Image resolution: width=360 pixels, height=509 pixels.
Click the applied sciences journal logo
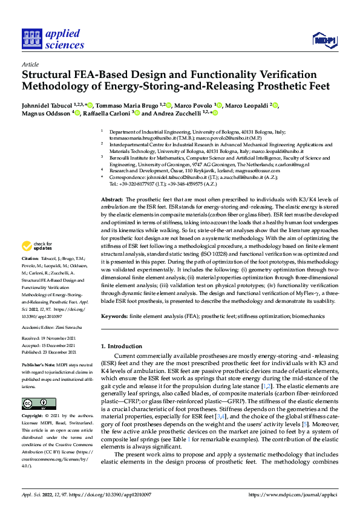point(53,39)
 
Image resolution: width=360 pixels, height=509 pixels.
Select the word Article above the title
point(30,63)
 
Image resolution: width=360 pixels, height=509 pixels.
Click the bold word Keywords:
point(114,316)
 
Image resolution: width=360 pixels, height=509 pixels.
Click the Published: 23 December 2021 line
point(50,351)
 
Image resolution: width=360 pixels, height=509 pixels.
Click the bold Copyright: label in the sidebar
point(33,417)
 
